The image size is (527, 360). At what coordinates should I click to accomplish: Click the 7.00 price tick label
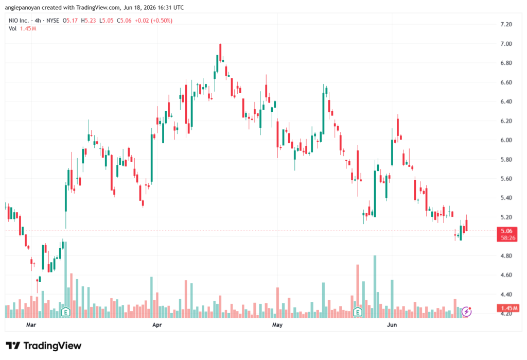point(506,44)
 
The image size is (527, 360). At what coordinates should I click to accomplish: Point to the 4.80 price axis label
point(506,255)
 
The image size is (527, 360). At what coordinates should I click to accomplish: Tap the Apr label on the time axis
point(157,325)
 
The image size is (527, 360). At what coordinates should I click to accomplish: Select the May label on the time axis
point(277,325)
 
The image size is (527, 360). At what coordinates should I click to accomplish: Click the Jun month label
point(392,325)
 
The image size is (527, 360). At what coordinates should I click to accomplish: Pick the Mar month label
point(31,325)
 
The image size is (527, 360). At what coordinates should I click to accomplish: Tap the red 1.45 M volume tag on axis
point(508,308)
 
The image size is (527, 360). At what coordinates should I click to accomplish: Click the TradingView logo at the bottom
point(44,346)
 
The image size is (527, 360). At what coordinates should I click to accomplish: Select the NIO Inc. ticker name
point(19,21)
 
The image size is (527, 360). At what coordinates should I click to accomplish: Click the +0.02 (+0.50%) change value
point(153,21)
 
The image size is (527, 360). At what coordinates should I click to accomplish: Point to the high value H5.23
point(89,21)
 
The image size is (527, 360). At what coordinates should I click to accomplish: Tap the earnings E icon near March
point(66,312)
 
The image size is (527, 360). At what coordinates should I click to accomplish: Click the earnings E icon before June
point(358,312)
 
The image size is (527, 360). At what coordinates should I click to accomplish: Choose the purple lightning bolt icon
point(466,312)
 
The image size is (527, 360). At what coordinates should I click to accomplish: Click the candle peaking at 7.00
point(220,53)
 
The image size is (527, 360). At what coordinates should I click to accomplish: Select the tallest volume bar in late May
point(375,287)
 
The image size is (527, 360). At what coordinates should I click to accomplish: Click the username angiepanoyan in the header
point(23,7)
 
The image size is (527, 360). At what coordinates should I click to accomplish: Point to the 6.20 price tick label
point(506,121)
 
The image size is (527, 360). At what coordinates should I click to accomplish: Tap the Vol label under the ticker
point(12,29)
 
